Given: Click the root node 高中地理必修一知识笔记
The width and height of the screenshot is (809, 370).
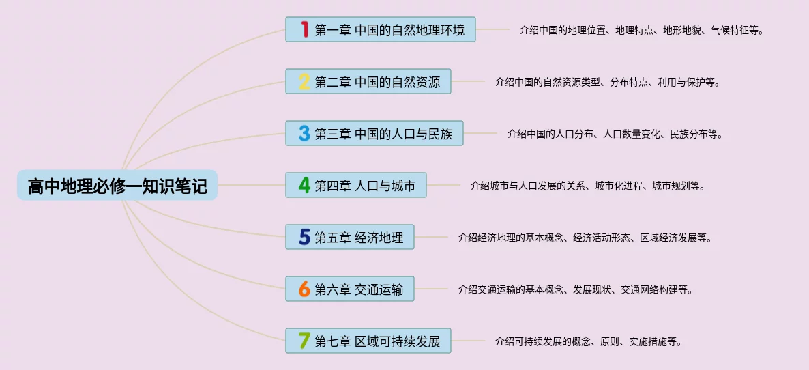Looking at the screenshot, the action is (x=117, y=185).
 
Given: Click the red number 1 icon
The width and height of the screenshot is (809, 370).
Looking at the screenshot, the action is (x=304, y=29).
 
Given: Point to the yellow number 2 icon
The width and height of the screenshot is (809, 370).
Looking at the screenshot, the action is (x=304, y=81).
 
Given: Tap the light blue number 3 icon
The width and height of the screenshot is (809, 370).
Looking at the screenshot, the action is (x=304, y=133).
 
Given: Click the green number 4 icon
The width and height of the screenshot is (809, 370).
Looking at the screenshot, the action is (x=304, y=185).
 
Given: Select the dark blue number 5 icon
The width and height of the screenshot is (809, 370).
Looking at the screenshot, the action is (x=304, y=237).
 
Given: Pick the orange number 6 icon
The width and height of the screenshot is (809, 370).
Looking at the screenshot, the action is (x=304, y=289).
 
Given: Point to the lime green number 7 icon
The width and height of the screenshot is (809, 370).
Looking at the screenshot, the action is (x=304, y=341).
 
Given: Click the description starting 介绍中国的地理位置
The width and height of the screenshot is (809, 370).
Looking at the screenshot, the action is (x=641, y=30).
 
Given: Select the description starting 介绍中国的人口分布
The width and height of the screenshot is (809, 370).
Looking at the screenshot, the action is (x=615, y=134).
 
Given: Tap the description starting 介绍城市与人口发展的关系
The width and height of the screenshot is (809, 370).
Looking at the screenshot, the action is (x=587, y=186).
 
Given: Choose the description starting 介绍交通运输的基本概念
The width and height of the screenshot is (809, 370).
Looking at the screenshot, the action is (x=576, y=289).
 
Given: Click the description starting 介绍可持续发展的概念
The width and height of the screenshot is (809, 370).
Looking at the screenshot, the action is (x=588, y=341).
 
